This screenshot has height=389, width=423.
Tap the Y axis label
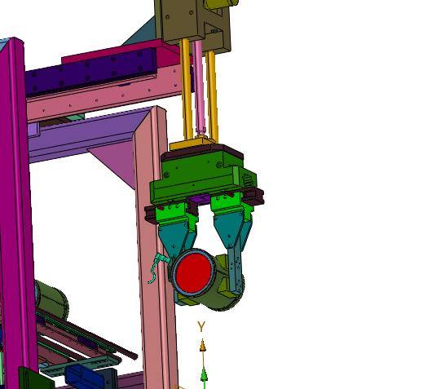coord(201,327)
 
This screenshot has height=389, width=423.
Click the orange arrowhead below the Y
coord(202,345)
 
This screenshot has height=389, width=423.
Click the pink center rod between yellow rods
coord(199,87)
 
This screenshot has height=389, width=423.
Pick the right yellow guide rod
coord(212,96)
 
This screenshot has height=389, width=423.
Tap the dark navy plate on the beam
coord(91,72)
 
